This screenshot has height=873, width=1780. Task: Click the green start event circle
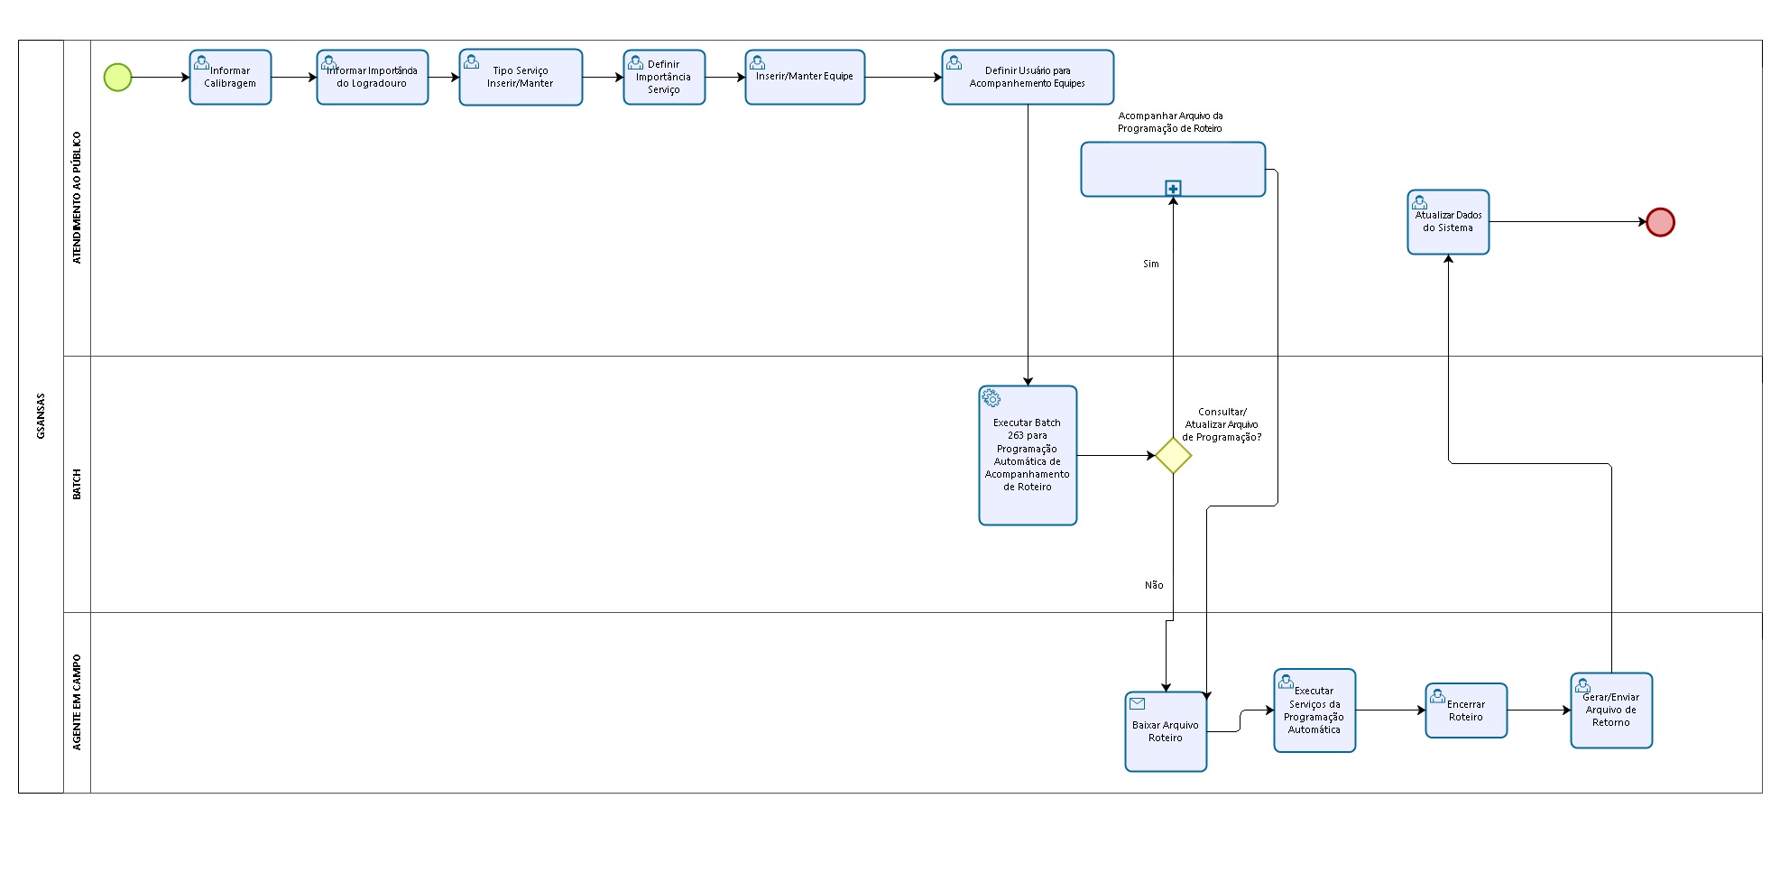click(117, 78)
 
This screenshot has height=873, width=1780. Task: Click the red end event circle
click(1660, 222)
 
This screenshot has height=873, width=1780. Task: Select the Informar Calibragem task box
click(230, 78)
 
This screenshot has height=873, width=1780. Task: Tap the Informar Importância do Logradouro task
click(372, 78)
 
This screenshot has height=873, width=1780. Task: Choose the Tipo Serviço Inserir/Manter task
click(521, 78)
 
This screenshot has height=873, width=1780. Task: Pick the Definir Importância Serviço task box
click(664, 78)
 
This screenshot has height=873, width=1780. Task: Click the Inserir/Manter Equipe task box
click(805, 78)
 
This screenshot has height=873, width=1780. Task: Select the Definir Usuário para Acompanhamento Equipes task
click(1028, 78)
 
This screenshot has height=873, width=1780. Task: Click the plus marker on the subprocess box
click(1173, 188)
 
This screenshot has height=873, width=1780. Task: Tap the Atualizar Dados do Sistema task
click(1448, 222)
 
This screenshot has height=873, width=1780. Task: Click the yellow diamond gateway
click(1173, 456)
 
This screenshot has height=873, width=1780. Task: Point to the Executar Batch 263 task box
click(1028, 456)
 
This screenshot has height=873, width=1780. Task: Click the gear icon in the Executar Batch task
click(991, 398)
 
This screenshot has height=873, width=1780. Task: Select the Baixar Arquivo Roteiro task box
click(1166, 732)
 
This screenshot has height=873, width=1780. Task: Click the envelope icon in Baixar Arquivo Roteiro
click(1138, 703)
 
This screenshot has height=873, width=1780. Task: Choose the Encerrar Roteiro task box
click(1466, 710)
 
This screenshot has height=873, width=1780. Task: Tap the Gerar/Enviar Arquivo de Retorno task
click(1611, 710)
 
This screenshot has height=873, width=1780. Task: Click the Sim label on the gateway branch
click(1151, 264)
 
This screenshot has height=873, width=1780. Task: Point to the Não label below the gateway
click(1154, 585)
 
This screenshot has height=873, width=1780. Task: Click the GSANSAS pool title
click(41, 416)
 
